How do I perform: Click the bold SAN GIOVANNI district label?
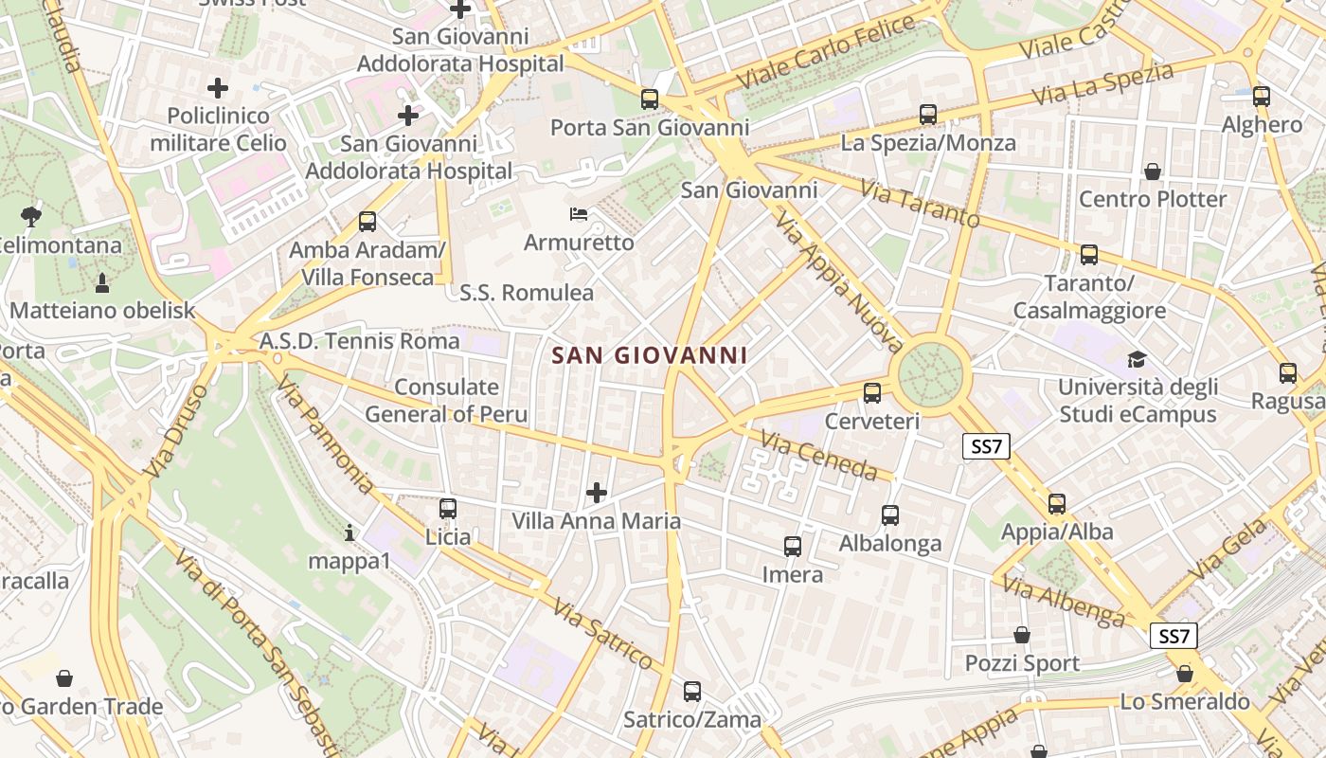pos(650,356)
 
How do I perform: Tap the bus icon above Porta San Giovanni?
pos(650,99)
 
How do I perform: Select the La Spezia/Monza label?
pos(928,143)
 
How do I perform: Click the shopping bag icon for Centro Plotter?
pos(1153,171)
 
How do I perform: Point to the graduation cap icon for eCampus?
pos(1137,359)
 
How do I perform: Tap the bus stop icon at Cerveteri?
pos(872,392)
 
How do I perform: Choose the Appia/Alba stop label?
pos(1057,532)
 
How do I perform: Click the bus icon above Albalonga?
pos(890,515)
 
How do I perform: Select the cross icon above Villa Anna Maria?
pos(597,493)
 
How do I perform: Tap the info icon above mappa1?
pos(349,533)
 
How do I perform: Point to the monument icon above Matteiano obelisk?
pos(102,281)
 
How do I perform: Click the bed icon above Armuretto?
pos(579,214)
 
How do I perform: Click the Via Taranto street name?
pos(920,202)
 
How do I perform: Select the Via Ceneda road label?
pos(819,455)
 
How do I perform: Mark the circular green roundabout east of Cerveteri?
pos(934,374)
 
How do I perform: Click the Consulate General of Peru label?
pos(446,401)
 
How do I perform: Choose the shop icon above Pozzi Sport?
pos(1022,635)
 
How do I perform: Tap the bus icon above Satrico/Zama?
pos(692,692)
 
